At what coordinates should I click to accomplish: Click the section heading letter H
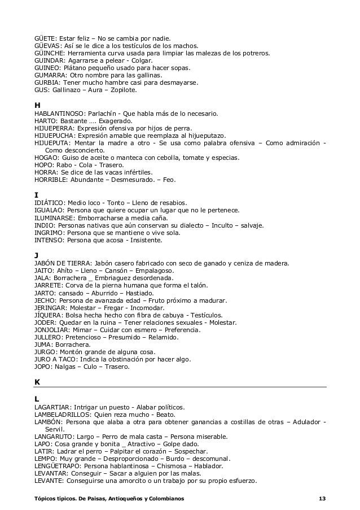37,105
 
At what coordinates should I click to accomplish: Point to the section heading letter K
37,382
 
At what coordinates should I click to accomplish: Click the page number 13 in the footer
322,498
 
